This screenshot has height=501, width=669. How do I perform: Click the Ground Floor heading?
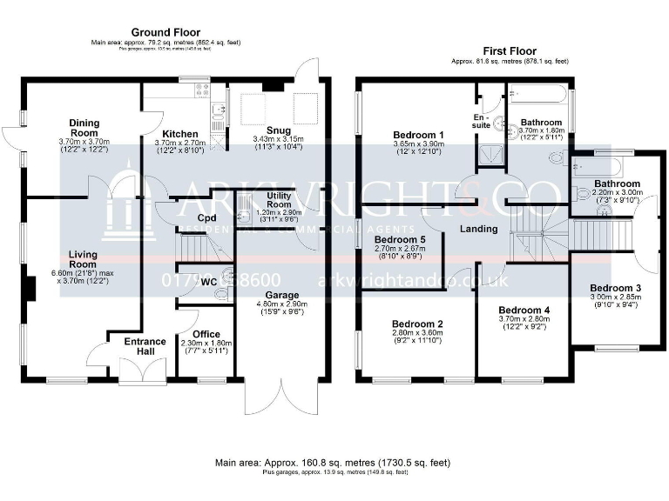(164, 32)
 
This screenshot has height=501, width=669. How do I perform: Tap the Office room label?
(206, 334)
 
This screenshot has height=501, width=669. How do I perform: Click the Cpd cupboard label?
(206, 217)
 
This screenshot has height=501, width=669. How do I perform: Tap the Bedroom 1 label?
(419, 134)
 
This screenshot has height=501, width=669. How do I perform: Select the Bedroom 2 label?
(417, 324)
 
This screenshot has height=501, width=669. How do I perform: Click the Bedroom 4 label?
(524, 310)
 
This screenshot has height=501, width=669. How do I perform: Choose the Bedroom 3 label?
(615, 288)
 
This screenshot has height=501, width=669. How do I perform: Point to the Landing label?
(479, 229)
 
